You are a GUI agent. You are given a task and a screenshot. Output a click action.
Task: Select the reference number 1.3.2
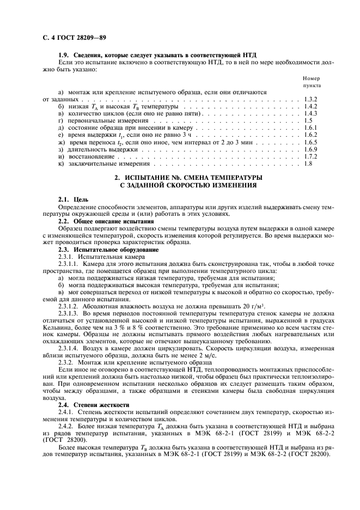click(x=310, y=100)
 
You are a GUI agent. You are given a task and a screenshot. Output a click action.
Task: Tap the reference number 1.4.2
click(x=310, y=107)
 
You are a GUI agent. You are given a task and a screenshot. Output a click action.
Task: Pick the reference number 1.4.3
click(x=310, y=113)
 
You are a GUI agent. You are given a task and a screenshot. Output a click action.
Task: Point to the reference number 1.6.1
click(x=310, y=127)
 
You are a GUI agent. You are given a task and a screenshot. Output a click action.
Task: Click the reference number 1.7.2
click(x=310, y=156)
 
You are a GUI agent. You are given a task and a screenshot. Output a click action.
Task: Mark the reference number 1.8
click(x=308, y=163)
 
